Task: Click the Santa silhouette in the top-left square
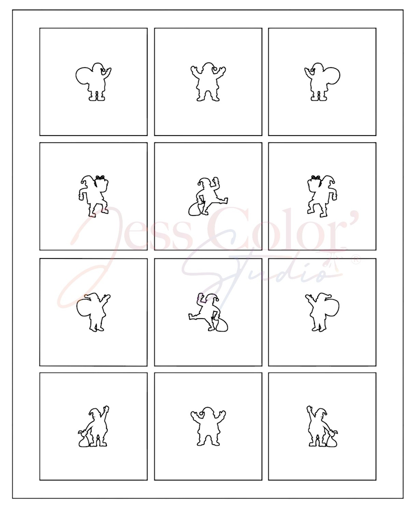[94, 82]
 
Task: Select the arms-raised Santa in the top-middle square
[208, 82]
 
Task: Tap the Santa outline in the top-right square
[322, 82]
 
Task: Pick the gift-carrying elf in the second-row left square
[94, 196]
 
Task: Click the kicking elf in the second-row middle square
[208, 196]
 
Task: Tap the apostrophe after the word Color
[353, 216]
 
